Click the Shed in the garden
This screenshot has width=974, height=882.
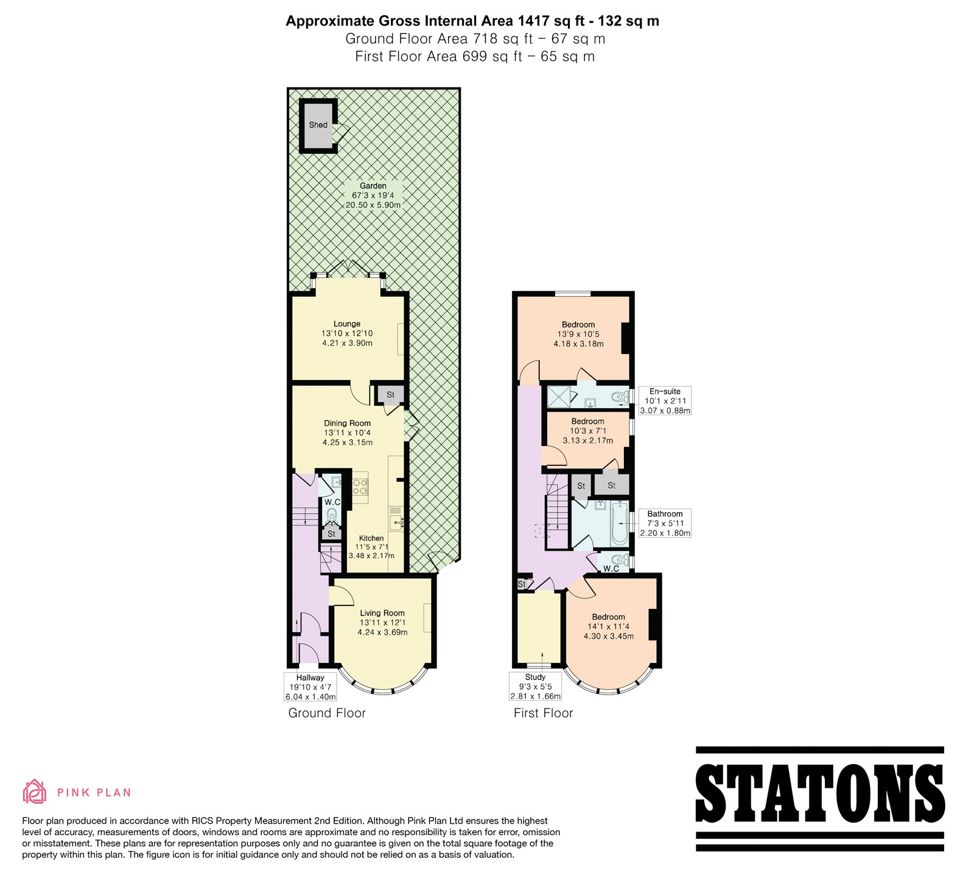click(x=318, y=125)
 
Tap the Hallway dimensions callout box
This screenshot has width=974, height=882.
click(x=310, y=687)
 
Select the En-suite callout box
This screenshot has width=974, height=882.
click(x=665, y=401)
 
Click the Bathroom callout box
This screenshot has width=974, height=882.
click(x=665, y=523)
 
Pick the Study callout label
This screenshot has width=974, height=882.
click(x=535, y=686)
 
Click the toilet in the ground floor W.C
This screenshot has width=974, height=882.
click(x=332, y=515)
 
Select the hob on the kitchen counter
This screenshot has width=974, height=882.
click(x=360, y=486)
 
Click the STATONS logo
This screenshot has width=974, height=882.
click(x=820, y=799)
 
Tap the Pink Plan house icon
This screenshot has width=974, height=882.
click(x=34, y=791)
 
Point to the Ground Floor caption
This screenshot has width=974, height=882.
click(x=327, y=713)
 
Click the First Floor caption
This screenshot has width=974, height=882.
click(x=544, y=713)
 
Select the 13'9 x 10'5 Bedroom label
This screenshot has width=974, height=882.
click(x=578, y=334)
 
